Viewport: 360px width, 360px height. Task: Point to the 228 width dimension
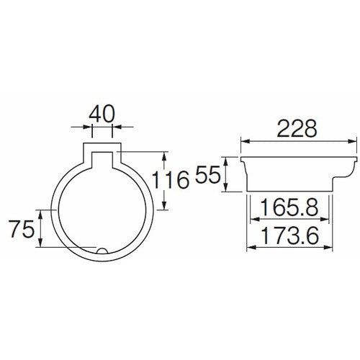tap(297, 128)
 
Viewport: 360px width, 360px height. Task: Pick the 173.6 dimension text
tap(292, 235)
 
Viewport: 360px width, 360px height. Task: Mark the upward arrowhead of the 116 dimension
tap(165, 155)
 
